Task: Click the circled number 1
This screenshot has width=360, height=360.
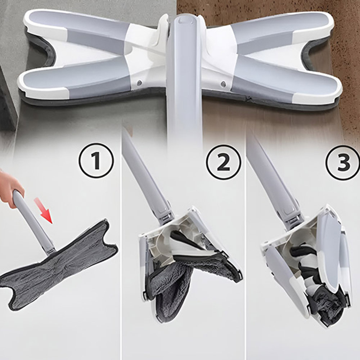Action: pos(96,161)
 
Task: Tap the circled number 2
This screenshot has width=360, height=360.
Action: pos(224,162)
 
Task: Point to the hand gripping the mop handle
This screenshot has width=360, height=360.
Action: pos(10,187)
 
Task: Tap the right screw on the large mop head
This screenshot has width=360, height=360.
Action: pos(223,84)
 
